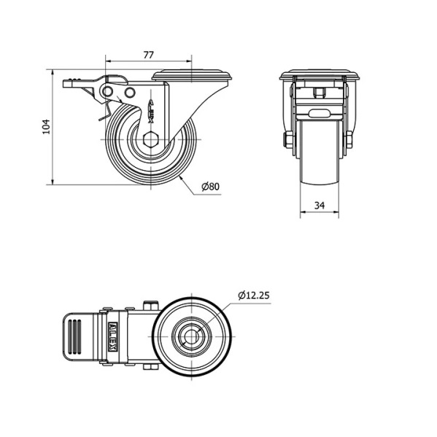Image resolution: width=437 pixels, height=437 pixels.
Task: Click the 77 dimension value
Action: click(x=149, y=55)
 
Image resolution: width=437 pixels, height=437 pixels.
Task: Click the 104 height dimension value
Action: click(x=46, y=126)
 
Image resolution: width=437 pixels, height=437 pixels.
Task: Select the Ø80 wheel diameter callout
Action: click(x=211, y=187)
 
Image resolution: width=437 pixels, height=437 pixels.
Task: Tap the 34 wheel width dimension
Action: click(x=320, y=206)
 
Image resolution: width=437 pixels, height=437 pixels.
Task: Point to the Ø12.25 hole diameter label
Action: click(x=254, y=295)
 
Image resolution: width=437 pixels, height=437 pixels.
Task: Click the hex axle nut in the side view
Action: click(x=150, y=139)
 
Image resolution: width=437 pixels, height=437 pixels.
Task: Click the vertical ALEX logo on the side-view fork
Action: click(x=151, y=110)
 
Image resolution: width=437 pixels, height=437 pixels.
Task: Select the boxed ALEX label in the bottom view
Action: click(x=112, y=336)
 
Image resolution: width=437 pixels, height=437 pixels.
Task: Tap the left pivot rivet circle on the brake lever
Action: click(x=107, y=91)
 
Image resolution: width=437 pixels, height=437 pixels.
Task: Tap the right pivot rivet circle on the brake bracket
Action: click(x=130, y=93)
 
